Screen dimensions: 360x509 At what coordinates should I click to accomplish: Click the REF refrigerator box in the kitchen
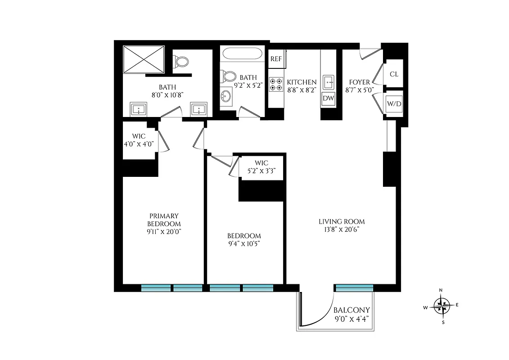[x=276, y=59]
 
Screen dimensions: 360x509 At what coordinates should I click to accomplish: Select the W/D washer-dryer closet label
[x=394, y=104]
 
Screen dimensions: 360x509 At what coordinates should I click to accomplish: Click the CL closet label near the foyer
[x=394, y=74]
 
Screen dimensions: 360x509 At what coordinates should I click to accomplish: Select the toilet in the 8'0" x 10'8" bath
[x=182, y=61]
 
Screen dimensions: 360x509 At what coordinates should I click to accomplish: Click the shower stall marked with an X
[x=144, y=58]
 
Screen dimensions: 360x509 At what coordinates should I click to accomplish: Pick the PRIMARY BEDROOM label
[x=164, y=220]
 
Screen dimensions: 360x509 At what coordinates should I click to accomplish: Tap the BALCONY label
[x=351, y=310]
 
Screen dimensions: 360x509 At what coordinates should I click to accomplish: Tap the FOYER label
[x=360, y=82]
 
